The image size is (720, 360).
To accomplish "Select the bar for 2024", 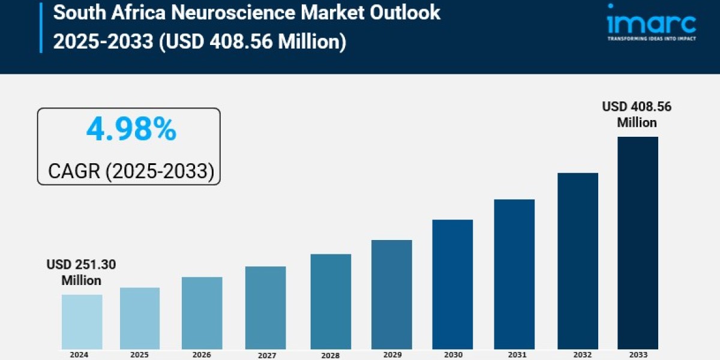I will (82, 322).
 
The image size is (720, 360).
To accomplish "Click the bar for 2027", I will (265, 308).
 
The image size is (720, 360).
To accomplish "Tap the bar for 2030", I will (452, 284).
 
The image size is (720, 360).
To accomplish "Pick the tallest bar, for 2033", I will (638, 242).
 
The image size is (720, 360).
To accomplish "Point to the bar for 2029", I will (391, 294).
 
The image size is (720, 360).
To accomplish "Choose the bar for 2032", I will (577, 260).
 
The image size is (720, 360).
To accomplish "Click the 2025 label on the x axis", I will (140, 355).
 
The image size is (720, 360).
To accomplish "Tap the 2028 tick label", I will (330, 355).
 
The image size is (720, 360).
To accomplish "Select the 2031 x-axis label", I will (514, 355).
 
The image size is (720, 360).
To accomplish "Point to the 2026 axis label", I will (202, 355).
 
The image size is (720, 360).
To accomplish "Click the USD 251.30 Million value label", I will (82, 272).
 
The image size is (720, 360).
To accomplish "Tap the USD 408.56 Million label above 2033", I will (637, 115).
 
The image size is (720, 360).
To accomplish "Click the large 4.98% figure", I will (131, 130).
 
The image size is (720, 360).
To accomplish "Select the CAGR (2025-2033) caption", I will (131, 172).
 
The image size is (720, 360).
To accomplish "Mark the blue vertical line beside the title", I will (41, 27).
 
